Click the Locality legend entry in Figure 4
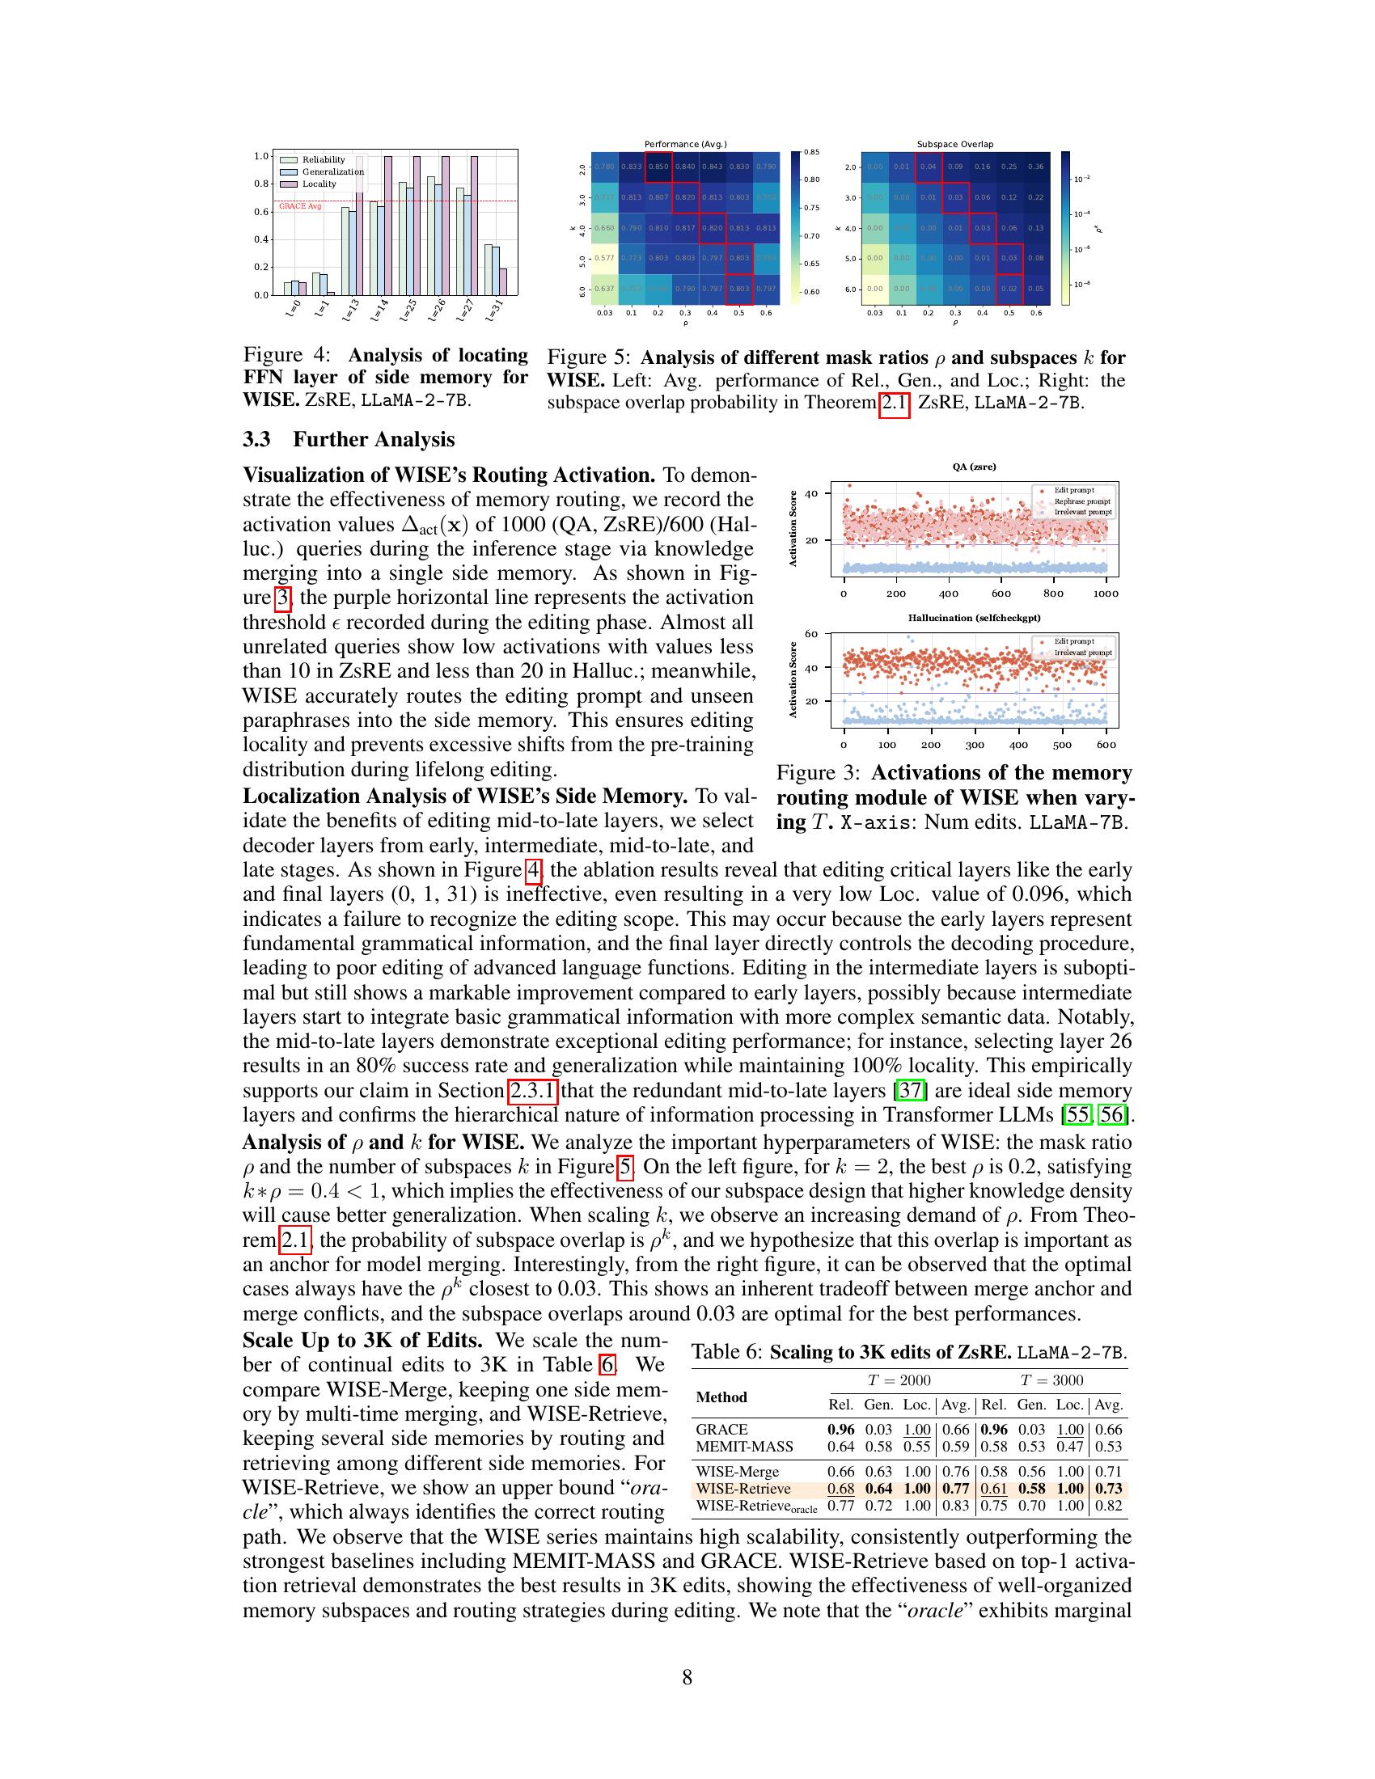coord(319,184)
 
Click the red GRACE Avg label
coord(300,206)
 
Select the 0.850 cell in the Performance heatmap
coord(658,167)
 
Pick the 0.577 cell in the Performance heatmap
coord(604,258)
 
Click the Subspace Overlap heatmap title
coord(954,144)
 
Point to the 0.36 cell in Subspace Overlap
coord(1035,167)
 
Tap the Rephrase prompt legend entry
coord(1081,501)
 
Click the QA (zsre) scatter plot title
coord(975,467)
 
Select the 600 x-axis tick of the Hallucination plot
coord(1106,744)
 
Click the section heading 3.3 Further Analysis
coord(349,440)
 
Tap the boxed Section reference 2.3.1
coord(533,1090)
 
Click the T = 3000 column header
coord(1051,1380)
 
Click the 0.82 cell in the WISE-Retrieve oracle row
coord(1109,1506)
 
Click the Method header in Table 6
coord(721,1397)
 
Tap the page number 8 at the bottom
coord(687,1677)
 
